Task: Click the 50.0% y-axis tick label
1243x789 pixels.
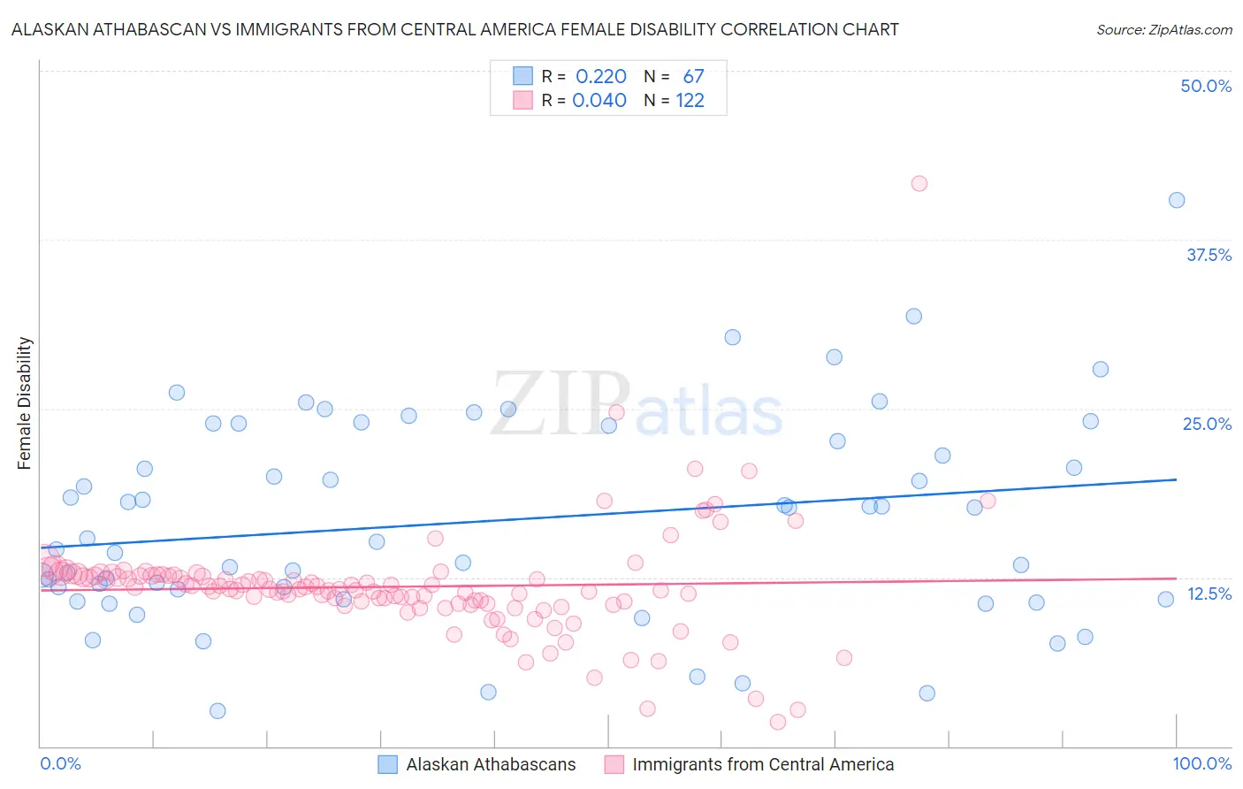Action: coord(1206,86)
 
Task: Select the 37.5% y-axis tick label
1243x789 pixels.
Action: coord(1209,255)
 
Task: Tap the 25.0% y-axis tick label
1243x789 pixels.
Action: coord(1207,424)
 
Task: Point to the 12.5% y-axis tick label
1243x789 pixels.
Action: coord(1209,594)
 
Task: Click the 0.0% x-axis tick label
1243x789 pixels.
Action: coord(60,763)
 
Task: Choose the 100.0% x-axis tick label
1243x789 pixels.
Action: coord(1201,763)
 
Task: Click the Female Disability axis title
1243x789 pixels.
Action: coord(25,402)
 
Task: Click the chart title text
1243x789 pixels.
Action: coord(454,29)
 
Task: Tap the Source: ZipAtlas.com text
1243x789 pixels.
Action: coord(1163,29)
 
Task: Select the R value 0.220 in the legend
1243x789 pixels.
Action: coord(600,76)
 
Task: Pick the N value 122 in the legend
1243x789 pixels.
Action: coord(690,100)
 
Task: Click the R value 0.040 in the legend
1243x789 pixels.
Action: coord(599,100)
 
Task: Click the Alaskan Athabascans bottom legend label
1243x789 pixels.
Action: coord(491,764)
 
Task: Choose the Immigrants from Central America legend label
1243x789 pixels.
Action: coord(763,764)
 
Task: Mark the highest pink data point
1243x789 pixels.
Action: coord(919,183)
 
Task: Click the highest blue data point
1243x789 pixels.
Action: coord(1177,200)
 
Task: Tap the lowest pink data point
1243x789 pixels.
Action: coord(778,722)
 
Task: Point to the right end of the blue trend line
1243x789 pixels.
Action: coord(1177,479)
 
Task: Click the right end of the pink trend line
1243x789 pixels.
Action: coord(1177,578)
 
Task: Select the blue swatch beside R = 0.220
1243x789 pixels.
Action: coord(523,76)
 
